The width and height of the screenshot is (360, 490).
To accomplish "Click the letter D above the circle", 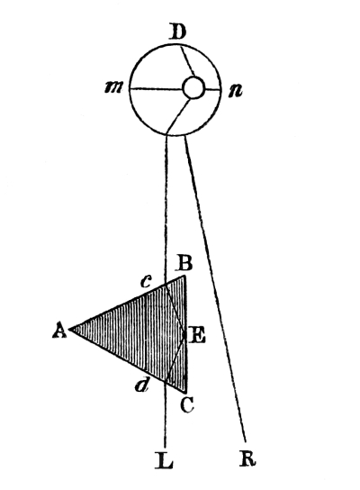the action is pyautogui.click(x=177, y=32).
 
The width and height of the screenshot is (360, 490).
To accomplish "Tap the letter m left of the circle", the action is pyautogui.click(x=113, y=87).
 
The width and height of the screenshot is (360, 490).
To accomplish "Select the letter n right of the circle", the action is pyautogui.click(x=235, y=91).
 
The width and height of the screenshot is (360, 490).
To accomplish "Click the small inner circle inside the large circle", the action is pyautogui.click(x=193, y=87).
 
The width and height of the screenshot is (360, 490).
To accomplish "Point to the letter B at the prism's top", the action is pyautogui.click(x=184, y=263).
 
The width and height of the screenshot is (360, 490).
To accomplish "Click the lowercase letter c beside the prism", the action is pyautogui.click(x=146, y=282).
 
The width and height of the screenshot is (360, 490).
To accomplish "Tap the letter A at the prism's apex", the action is pyautogui.click(x=59, y=331).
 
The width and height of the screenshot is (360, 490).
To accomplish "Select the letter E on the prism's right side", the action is pyautogui.click(x=197, y=337).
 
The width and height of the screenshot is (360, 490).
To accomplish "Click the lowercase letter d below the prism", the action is pyautogui.click(x=142, y=386).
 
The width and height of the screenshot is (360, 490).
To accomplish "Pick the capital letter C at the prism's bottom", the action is pyautogui.click(x=187, y=405).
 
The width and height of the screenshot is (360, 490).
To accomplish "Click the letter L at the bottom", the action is pyautogui.click(x=164, y=461).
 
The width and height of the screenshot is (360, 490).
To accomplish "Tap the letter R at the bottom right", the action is pyautogui.click(x=247, y=458).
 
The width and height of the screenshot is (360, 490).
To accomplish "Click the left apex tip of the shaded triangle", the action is pyautogui.click(x=69, y=329).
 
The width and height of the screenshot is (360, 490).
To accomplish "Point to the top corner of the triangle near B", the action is pyautogui.click(x=185, y=276).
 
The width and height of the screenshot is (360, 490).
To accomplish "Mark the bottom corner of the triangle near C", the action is pyautogui.click(x=186, y=392).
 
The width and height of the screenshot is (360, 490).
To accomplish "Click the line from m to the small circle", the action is pyautogui.click(x=156, y=90).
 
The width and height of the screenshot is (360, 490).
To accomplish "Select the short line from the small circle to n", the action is pyautogui.click(x=212, y=90).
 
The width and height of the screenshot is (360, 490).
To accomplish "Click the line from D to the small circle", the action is pyautogui.click(x=187, y=61).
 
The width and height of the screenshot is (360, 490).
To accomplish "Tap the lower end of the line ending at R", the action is pyautogui.click(x=246, y=442).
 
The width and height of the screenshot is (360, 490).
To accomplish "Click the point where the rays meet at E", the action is pyautogui.click(x=184, y=334).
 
